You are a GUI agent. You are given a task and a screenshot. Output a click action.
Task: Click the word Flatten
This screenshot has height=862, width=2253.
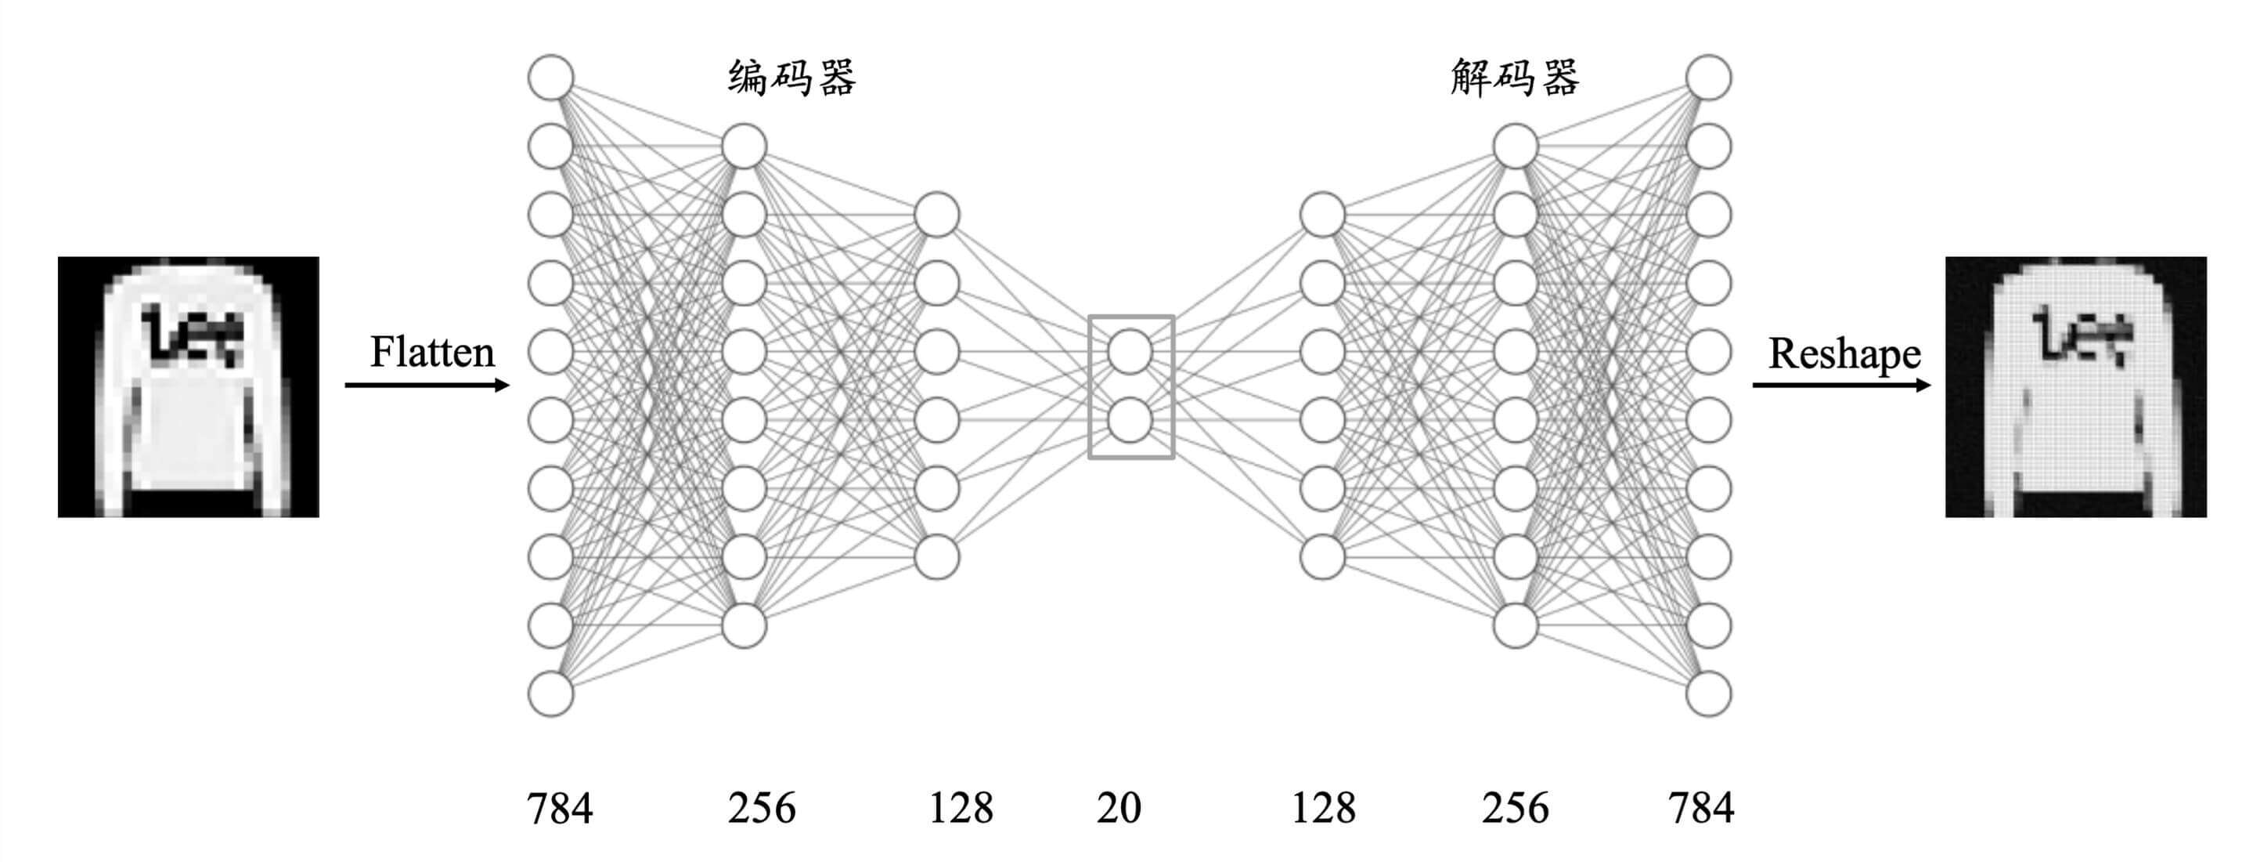pos(432,353)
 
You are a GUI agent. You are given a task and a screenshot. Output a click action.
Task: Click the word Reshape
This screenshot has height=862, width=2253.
pos(1844,354)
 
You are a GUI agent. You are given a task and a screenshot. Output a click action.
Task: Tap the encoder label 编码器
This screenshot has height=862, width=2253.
pos(791,78)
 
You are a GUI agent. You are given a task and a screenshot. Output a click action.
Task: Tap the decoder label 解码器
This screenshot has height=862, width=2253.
pos(1515,78)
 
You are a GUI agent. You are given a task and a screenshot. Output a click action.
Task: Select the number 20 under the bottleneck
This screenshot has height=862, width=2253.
pos(1119,808)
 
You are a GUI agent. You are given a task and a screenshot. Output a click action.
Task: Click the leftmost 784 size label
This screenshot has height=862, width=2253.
pos(560,808)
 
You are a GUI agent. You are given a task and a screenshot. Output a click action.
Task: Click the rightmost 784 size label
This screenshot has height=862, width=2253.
pos(1701,808)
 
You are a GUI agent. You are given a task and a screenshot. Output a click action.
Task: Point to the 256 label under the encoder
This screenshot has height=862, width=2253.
pos(761,808)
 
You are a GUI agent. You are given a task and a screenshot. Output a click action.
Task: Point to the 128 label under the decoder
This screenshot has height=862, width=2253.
pos(1323,808)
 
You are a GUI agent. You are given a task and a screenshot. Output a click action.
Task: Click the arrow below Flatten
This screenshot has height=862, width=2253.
pos(427,385)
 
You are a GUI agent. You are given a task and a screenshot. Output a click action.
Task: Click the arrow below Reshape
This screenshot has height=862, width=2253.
pos(1841,385)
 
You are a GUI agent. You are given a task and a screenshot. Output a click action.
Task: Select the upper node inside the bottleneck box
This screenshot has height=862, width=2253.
pos(1130,352)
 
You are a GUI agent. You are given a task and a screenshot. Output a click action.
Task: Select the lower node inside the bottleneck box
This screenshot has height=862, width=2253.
pos(1130,421)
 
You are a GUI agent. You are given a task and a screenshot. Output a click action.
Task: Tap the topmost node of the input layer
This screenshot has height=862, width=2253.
pos(551,77)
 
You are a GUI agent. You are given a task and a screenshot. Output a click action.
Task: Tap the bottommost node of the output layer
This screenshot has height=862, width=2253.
pos(1708,694)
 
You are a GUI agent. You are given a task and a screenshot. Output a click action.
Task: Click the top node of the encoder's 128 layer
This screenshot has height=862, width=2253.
pos(937,215)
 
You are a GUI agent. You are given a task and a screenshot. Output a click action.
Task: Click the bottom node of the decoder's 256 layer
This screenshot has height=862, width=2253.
pos(1516,625)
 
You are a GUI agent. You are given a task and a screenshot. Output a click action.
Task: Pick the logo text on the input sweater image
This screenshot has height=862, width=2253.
pos(193,335)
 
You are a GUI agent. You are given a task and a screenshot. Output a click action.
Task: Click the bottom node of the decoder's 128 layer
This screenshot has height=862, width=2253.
pos(1322,557)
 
